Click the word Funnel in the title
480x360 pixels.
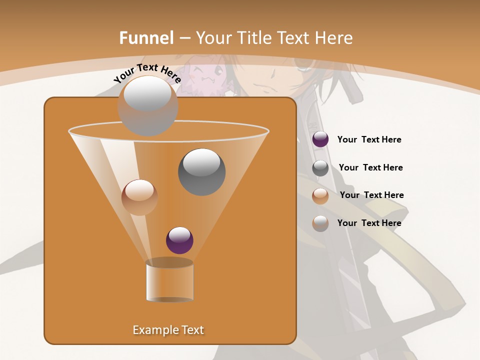coord(146,38)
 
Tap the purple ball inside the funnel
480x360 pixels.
coord(179,240)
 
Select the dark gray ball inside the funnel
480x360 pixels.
coord(201,171)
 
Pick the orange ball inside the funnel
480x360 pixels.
coord(139,197)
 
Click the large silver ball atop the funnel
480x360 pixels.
coord(147,106)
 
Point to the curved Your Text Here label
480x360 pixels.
coord(147,72)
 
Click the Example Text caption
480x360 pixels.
coord(168,330)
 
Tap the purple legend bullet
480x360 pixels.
coord(320,139)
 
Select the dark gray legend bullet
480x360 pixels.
coord(320,168)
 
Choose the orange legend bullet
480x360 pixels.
coord(320,196)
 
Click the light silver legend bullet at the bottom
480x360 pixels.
coord(320,223)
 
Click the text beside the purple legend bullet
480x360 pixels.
coord(369,140)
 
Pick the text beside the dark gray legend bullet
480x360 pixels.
coord(370,167)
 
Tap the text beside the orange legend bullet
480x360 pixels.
coord(371,195)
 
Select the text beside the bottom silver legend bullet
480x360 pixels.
coord(369,223)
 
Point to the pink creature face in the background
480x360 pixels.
coord(208,75)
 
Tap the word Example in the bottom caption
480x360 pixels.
coord(152,330)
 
